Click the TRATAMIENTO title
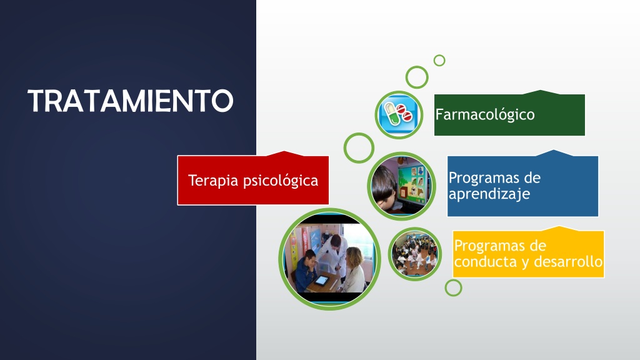(131, 101)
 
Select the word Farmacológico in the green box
(485, 115)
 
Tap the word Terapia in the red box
(213, 181)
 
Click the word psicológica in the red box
(281, 181)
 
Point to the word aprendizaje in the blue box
(489, 194)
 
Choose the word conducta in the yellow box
(485, 261)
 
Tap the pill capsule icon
(399, 115)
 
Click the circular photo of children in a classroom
(415, 254)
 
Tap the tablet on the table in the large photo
(321, 281)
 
